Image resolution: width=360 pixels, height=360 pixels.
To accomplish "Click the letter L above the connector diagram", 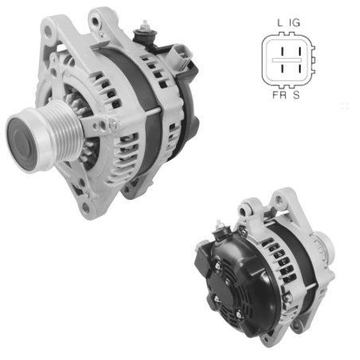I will pos(280,25).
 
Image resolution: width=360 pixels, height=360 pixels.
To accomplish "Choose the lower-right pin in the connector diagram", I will pos(295,69).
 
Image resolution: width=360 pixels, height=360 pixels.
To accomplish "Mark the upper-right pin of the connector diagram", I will pos(295,53).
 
